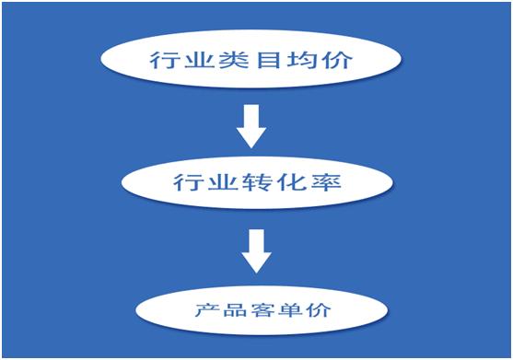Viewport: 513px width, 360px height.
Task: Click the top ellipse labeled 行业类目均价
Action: click(x=251, y=62)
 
